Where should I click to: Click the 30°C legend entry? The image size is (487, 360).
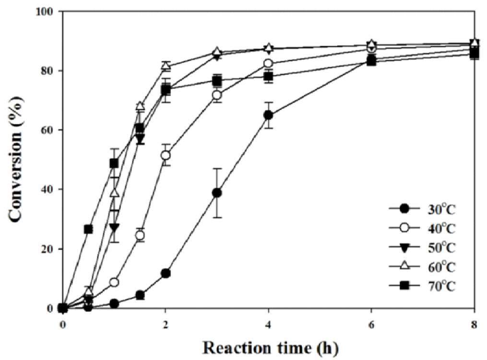422,209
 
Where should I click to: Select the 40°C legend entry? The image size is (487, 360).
422,229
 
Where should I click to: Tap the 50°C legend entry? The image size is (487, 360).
422,248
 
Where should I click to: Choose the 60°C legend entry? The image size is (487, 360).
422,267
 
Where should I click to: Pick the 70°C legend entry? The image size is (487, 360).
422,286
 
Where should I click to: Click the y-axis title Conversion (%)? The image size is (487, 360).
16,160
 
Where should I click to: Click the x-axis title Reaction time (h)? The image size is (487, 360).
270,348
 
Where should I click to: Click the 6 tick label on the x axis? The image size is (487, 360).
371,325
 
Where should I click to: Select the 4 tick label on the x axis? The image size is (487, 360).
268,325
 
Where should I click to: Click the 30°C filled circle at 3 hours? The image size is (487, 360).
217,193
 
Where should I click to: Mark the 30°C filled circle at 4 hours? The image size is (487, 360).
268,116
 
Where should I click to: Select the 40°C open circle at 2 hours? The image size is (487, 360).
166,155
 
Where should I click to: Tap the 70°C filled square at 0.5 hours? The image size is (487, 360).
88,229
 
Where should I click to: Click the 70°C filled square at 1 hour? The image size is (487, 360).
114,163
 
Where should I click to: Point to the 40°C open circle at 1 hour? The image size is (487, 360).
114,282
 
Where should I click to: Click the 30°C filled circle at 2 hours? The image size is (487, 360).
166,273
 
